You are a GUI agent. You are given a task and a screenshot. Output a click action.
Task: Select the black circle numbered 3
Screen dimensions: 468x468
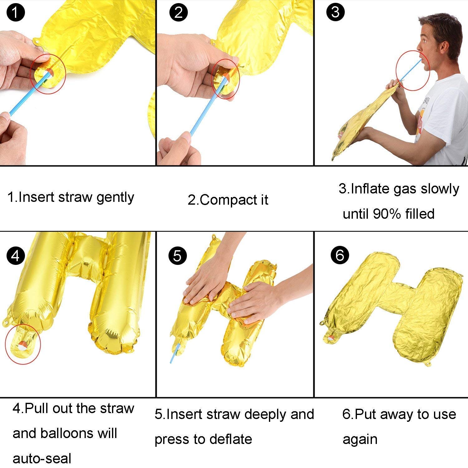[x=335, y=12]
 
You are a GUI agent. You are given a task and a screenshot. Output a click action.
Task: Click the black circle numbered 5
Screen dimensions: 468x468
[x=177, y=256]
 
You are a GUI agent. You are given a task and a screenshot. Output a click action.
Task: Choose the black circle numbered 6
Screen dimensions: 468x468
[x=340, y=255]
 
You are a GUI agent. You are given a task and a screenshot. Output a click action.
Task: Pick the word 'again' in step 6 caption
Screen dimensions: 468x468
[x=360, y=439]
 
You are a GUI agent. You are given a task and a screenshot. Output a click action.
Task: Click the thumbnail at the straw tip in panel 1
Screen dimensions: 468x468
[x=5, y=117]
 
